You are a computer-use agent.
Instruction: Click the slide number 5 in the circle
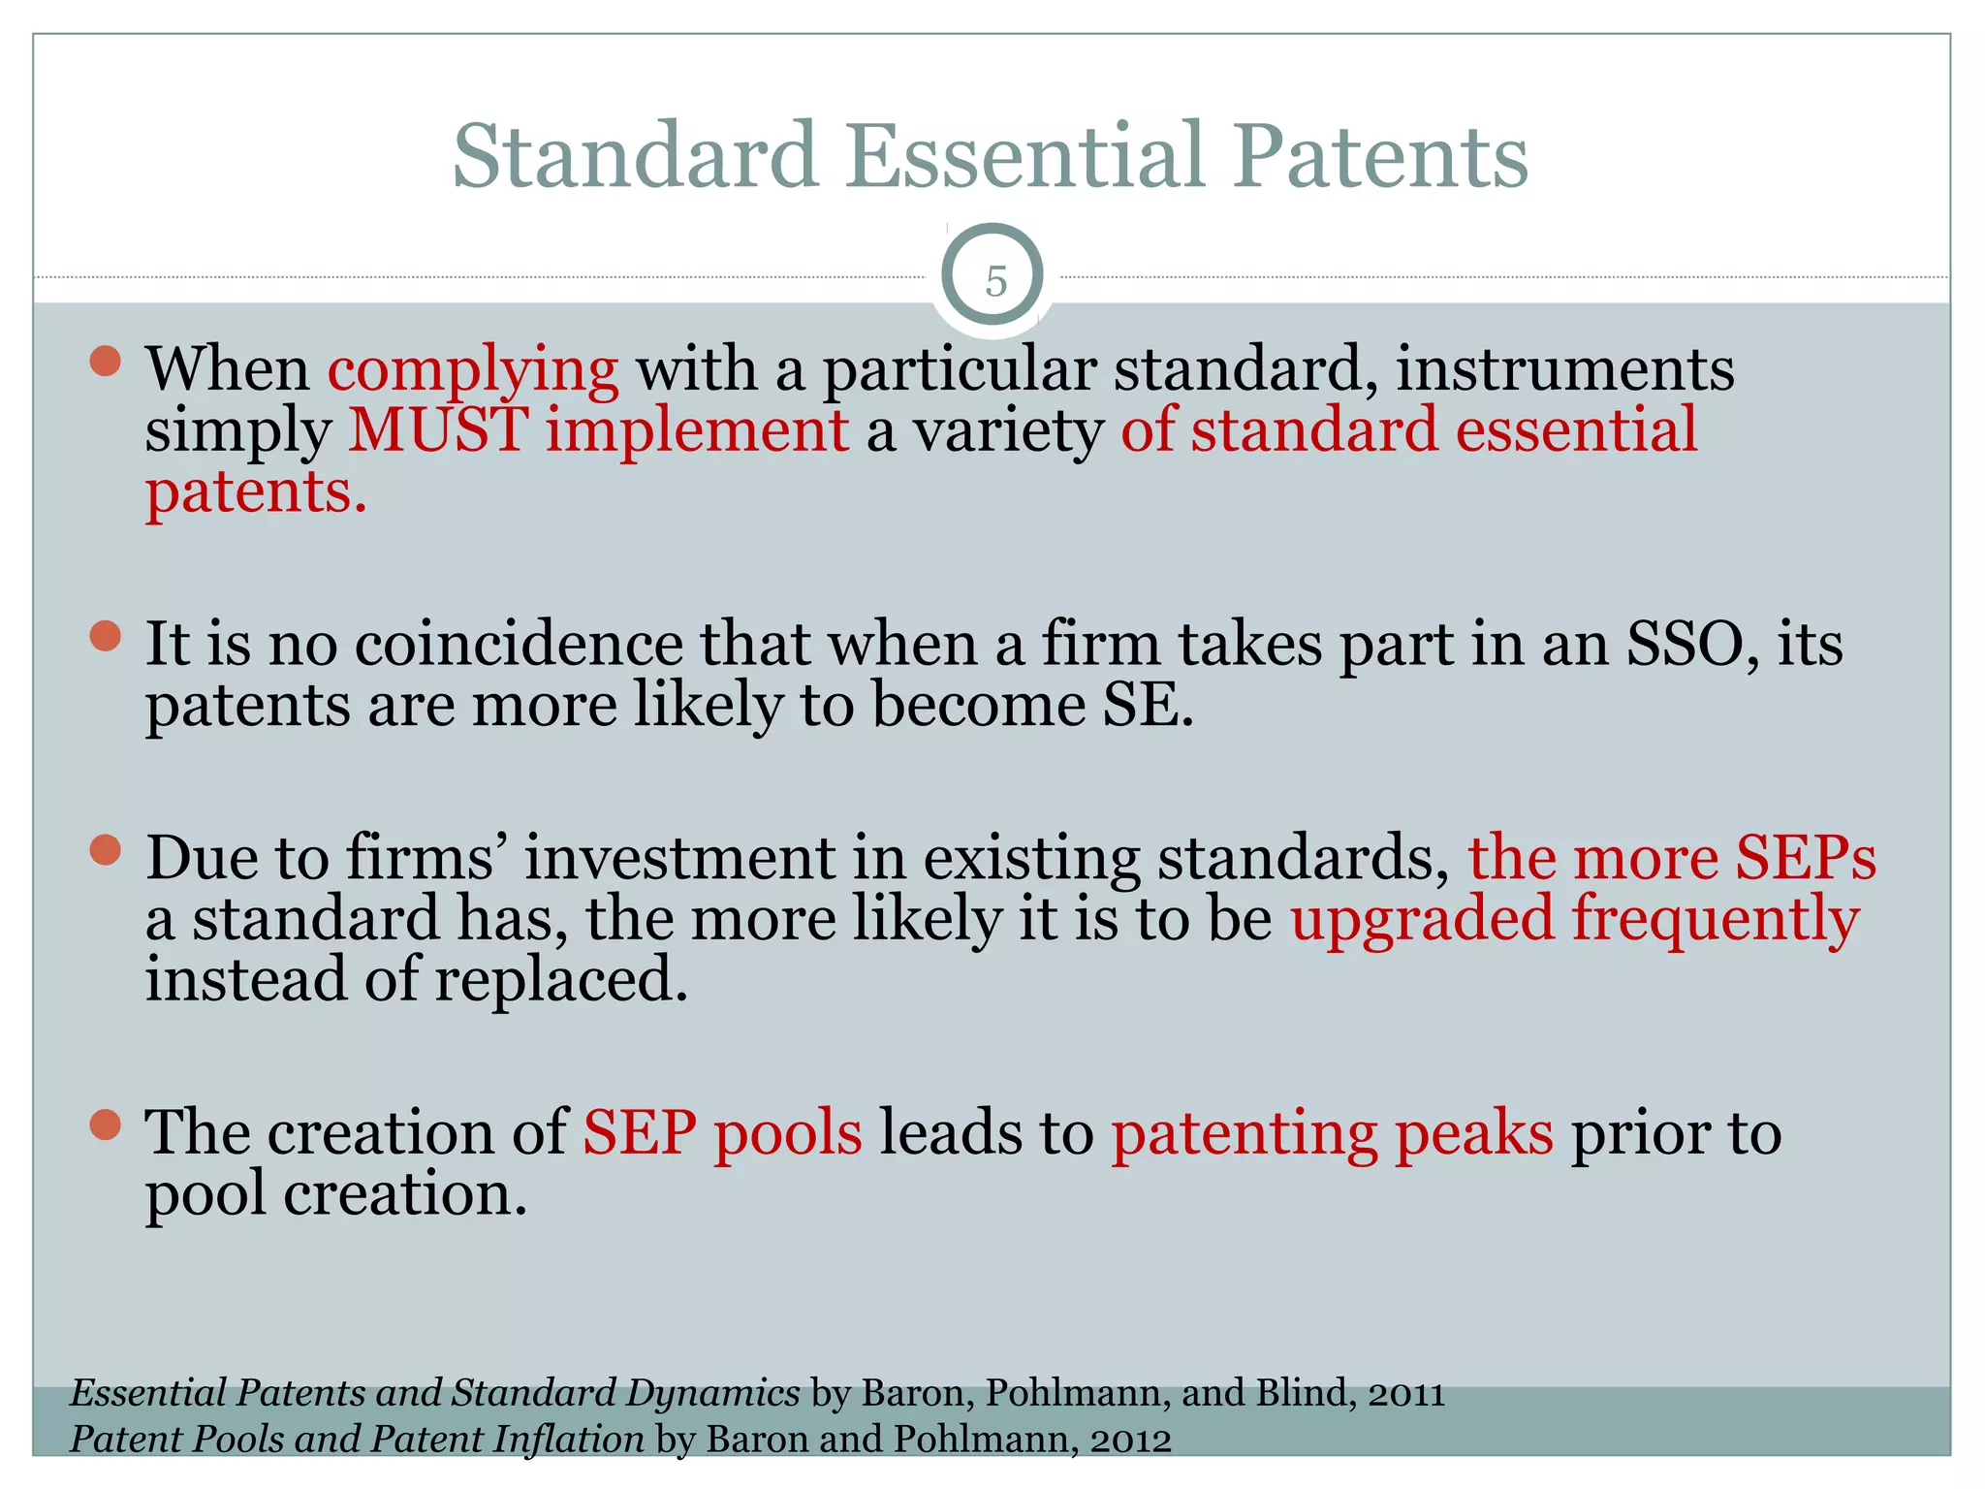point(995,282)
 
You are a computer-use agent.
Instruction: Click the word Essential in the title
point(1026,156)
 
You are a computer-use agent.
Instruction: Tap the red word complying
point(473,370)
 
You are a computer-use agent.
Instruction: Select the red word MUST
point(438,430)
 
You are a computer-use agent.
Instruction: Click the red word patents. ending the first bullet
point(256,491)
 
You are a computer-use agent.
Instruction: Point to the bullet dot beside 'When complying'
point(105,362)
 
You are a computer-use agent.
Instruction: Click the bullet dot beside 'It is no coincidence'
point(105,637)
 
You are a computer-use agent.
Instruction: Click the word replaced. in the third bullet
point(561,979)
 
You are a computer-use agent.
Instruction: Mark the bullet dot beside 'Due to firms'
point(105,851)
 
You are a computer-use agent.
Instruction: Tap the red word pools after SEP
point(788,1133)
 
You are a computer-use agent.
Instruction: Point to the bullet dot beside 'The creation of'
point(105,1125)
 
